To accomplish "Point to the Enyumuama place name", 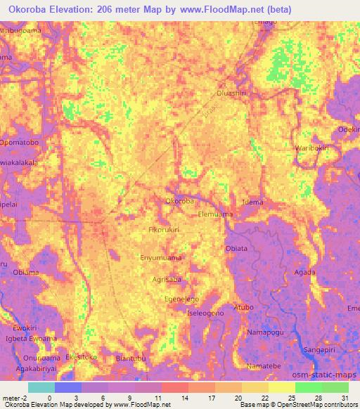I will pos(161,259).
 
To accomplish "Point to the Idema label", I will pos(252,202).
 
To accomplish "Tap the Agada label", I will pos(304,272).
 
